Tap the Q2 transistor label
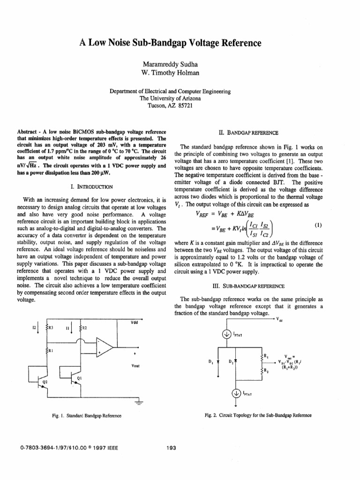tap(45, 382)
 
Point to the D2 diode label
tap(230, 361)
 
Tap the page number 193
tap(171, 448)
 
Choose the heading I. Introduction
tap(89, 187)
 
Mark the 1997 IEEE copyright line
tap(68, 448)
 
